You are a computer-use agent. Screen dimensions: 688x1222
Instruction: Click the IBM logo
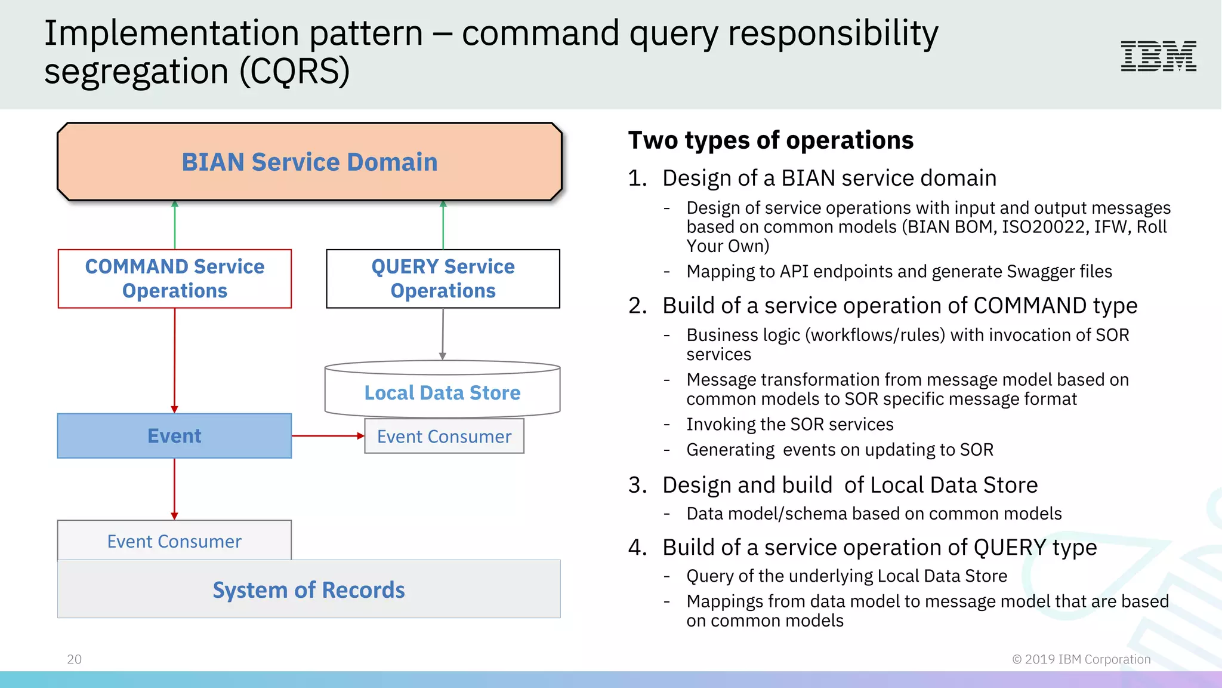[1158, 56]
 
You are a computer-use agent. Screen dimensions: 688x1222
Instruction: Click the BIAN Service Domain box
[309, 162]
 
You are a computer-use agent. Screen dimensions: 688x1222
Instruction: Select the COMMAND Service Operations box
[174, 278]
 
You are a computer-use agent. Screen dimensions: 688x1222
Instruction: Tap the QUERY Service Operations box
[443, 278]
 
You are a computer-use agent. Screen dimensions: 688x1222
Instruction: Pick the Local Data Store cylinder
[442, 389]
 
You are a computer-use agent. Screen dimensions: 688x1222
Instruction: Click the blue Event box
[174, 436]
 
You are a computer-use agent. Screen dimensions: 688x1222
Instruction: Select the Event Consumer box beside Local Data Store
[444, 437]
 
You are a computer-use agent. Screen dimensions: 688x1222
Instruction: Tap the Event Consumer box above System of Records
[174, 540]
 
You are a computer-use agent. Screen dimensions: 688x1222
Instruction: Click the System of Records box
[308, 589]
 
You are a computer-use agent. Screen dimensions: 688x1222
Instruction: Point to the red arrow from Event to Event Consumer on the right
[328, 436]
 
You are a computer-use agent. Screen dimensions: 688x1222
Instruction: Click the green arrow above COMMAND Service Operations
[175, 225]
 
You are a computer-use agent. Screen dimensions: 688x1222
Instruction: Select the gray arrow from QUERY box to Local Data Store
[443, 334]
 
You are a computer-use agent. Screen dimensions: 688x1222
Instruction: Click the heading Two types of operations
[770, 140]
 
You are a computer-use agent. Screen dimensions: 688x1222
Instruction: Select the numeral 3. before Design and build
[637, 485]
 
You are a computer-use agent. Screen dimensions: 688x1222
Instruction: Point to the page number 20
[74, 659]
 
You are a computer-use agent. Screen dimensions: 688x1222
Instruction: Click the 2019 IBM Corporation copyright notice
[1081, 659]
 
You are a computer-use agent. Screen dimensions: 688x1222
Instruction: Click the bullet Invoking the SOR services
[789, 425]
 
